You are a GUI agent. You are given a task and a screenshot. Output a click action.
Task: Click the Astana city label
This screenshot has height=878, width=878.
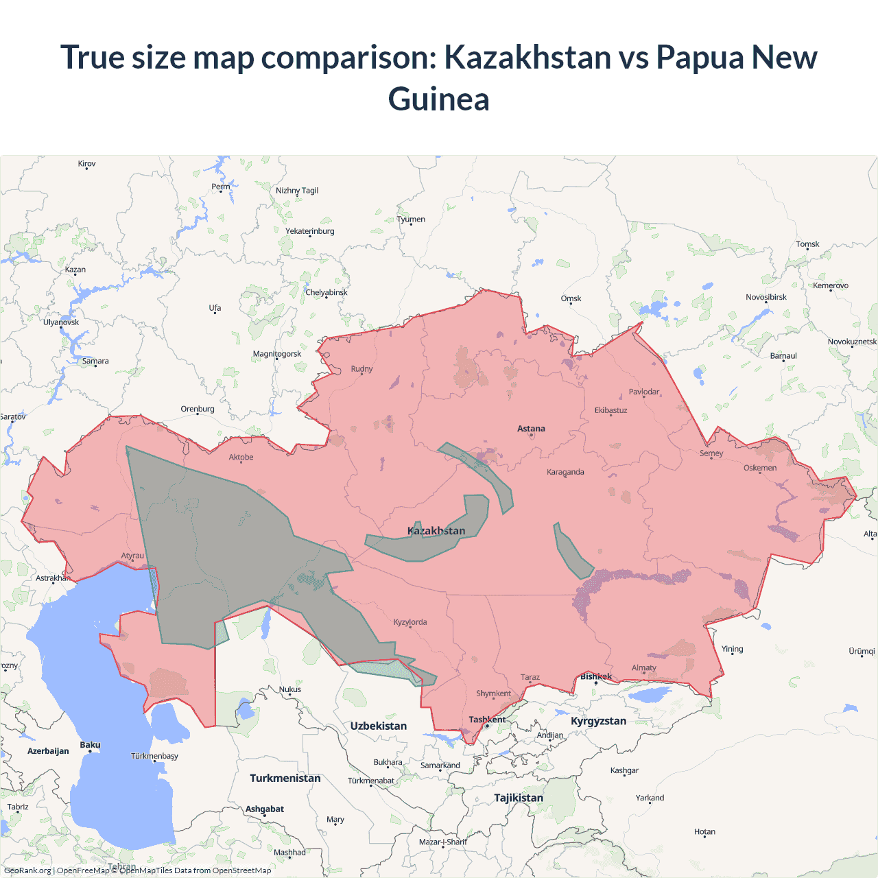531,429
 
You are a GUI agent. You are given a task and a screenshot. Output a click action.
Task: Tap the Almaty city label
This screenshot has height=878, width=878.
643,667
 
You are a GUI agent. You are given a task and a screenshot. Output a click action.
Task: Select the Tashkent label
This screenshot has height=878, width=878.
487,720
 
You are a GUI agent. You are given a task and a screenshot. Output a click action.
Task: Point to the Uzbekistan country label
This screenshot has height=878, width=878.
378,726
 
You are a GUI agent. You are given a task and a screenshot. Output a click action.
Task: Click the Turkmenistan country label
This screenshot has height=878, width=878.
285,778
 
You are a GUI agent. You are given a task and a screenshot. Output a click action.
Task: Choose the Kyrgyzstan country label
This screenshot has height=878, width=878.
598,721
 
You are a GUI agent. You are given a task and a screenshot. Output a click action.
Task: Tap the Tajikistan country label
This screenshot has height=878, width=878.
519,798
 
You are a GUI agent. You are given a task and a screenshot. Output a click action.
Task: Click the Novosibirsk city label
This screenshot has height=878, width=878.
766,297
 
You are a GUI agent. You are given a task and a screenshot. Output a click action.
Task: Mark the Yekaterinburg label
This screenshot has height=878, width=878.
310,231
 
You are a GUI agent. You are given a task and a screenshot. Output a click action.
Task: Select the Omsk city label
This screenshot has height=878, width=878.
571,298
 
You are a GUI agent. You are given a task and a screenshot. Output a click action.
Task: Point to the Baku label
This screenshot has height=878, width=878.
90,745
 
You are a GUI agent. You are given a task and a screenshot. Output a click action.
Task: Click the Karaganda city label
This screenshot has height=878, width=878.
565,472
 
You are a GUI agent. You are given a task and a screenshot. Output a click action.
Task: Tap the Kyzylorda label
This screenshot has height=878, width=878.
410,622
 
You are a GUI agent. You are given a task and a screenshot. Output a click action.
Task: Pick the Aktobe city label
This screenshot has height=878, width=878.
241,457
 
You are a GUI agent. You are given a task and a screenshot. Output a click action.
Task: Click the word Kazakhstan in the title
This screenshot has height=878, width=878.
527,57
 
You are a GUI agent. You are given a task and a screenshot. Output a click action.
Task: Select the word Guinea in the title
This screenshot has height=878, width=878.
439,99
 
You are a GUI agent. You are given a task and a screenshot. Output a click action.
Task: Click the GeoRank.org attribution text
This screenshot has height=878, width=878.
27,870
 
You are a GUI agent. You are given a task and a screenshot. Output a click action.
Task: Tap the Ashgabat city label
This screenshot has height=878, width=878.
265,809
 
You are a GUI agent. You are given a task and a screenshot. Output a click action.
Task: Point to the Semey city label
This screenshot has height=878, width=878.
711,453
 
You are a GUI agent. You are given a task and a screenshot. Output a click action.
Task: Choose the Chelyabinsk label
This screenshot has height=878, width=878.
327,292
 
